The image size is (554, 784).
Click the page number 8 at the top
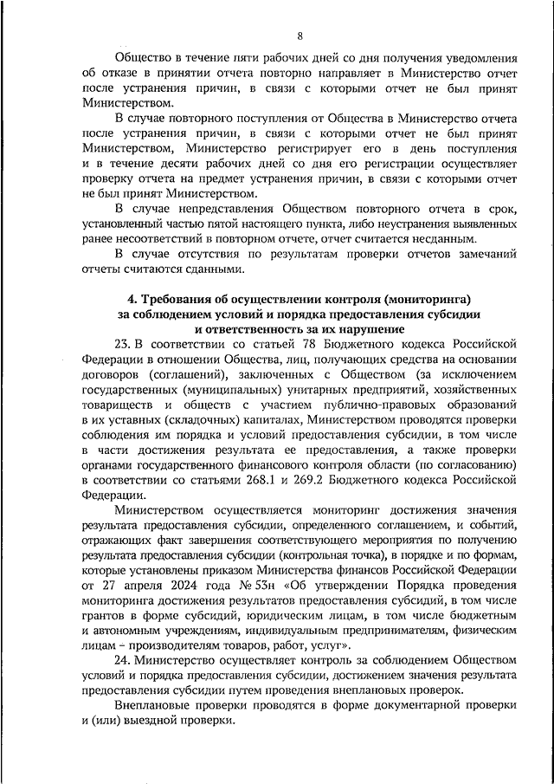[300, 36]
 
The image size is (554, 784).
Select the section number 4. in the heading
[124, 299]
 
